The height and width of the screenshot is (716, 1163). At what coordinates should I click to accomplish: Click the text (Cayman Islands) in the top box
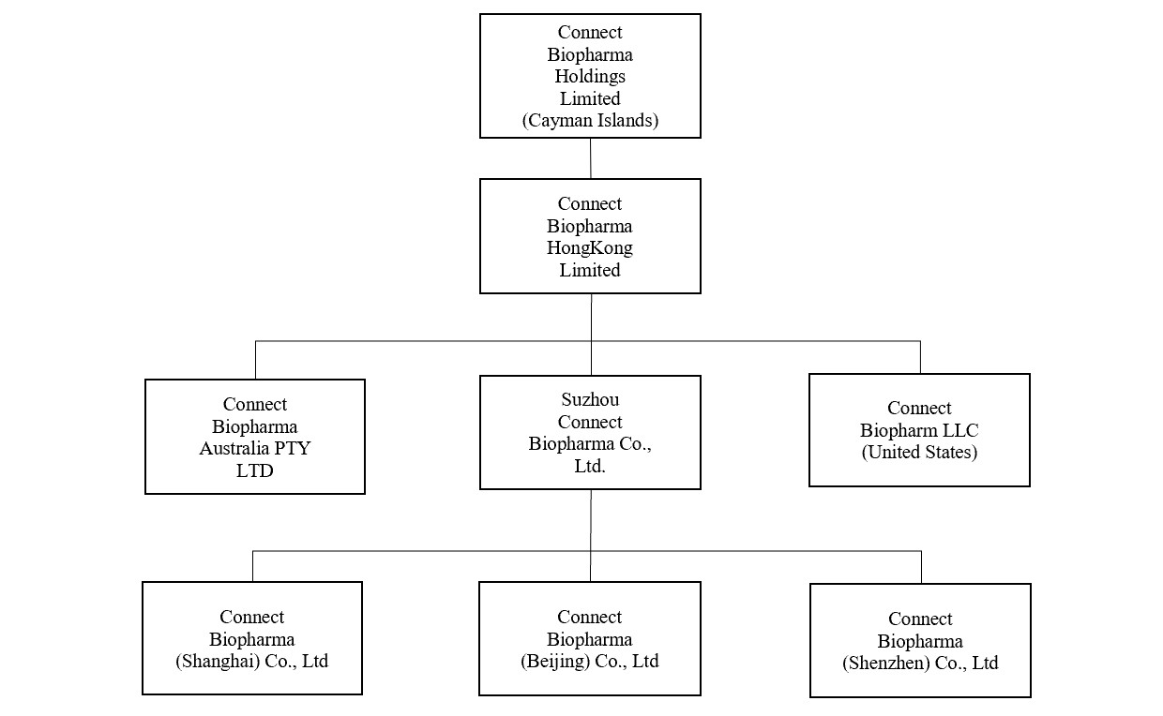(x=590, y=120)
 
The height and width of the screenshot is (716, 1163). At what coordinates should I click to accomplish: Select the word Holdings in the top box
(x=590, y=76)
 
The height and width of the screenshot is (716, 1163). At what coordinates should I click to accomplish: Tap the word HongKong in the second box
(x=590, y=248)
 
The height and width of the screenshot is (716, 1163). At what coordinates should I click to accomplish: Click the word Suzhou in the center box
(x=590, y=400)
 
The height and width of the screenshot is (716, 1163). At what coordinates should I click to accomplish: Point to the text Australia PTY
(x=254, y=448)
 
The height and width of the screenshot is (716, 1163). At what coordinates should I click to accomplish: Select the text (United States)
(x=919, y=452)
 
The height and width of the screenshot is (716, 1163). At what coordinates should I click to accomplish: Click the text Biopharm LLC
(x=919, y=430)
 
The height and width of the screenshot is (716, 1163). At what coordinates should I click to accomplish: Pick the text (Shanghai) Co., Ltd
(x=252, y=661)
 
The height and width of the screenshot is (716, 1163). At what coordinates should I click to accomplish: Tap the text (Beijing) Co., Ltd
(x=590, y=661)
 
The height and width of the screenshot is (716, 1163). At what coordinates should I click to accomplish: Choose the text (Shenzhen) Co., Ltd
(x=920, y=663)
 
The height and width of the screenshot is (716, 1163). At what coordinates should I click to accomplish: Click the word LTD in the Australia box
(x=254, y=470)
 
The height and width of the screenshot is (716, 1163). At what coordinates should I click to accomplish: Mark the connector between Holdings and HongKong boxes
(x=590, y=158)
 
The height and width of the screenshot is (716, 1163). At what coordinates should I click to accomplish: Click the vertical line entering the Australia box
(x=255, y=360)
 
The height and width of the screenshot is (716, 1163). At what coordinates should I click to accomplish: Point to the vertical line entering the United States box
(x=920, y=357)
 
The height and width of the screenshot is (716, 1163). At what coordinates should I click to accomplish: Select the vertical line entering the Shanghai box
(x=252, y=566)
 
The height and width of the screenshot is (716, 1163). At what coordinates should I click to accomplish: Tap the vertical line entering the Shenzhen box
(x=921, y=567)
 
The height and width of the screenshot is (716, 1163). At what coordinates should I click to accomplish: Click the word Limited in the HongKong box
(x=590, y=270)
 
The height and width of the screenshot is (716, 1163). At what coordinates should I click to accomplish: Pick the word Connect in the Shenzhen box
(x=920, y=619)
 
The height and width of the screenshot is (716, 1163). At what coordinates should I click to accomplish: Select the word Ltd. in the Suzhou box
(x=590, y=466)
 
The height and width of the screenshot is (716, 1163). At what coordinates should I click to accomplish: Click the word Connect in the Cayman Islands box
(x=590, y=33)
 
